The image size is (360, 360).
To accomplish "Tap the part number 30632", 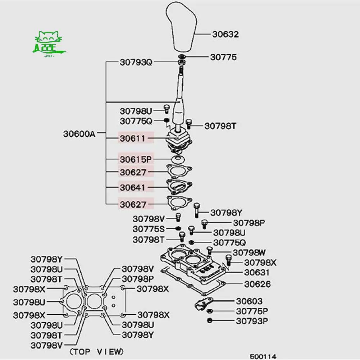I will (x=225, y=35).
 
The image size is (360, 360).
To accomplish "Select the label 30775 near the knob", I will (x=223, y=57).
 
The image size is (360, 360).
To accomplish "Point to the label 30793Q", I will (x=136, y=62).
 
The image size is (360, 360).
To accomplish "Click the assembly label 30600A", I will (x=79, y=134).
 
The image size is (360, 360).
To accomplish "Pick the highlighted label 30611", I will (x=133, y=138).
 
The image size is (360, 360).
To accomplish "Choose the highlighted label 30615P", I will (x=136, y=159).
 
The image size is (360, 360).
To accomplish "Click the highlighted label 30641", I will (x=133, y=187).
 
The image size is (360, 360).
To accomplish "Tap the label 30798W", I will (x=249, y=252).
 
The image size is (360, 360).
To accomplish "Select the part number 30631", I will (x=257, y=272).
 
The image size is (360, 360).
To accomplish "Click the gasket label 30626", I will (x=258, y=284).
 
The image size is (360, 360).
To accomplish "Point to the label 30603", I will (x=249, y=301).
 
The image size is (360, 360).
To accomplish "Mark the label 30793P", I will (x=252, y=320).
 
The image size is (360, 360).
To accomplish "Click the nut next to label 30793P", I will (x=210, y=320).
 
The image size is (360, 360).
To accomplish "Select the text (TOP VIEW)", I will (x=96, y=351).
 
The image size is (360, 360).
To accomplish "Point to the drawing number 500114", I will (x=263, y=356).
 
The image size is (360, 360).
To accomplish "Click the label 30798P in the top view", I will (x=138, y=279).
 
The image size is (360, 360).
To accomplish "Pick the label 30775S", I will (x=149, y=229).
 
